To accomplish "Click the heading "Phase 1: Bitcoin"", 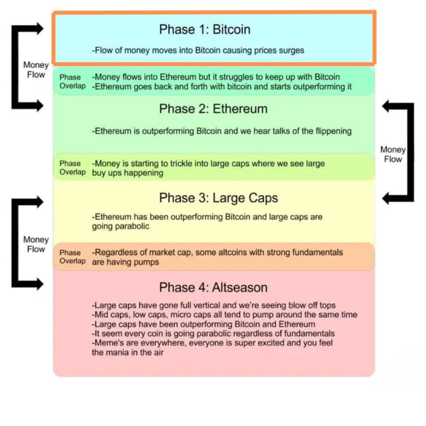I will (x=205, y=30).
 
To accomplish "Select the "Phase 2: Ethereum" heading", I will (x=213, y=109).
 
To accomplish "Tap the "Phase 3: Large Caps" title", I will (x=218, y=198).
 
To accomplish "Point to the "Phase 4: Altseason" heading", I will (x=213, y=287).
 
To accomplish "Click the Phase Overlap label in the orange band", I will (x=72, y=257).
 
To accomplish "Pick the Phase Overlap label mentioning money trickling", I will (x=72, y=168).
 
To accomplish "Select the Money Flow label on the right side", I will (x=393, y=154).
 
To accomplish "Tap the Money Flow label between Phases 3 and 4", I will (x=36, y=244).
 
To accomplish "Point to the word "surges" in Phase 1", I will (x=292, y=51).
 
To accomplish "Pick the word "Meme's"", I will (x=106, y=343).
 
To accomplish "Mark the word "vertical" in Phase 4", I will (x=205, y=305).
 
